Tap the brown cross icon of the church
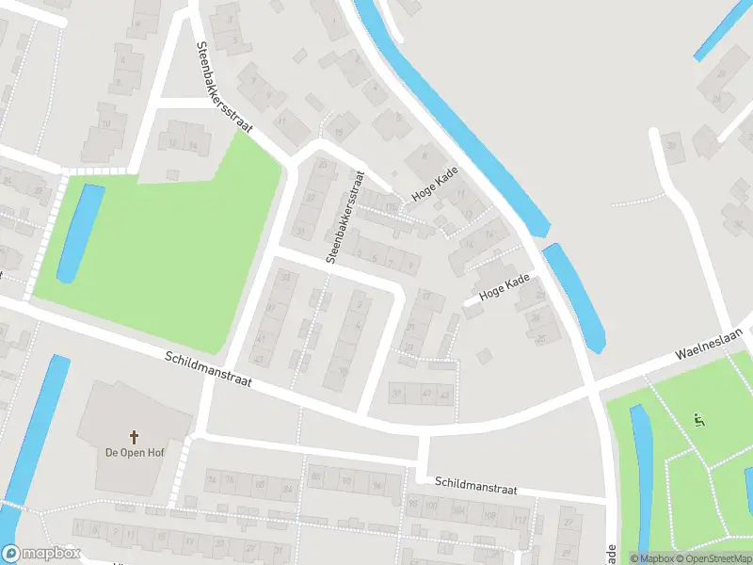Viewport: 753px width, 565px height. [134, 436]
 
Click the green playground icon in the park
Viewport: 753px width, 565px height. [697, 420]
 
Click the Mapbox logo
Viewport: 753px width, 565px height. [40, 554]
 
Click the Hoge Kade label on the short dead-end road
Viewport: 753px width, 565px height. [504, 285]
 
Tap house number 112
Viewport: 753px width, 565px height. [519, 519]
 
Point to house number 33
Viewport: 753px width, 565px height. [284, 277]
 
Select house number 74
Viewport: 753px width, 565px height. [490, 235]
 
